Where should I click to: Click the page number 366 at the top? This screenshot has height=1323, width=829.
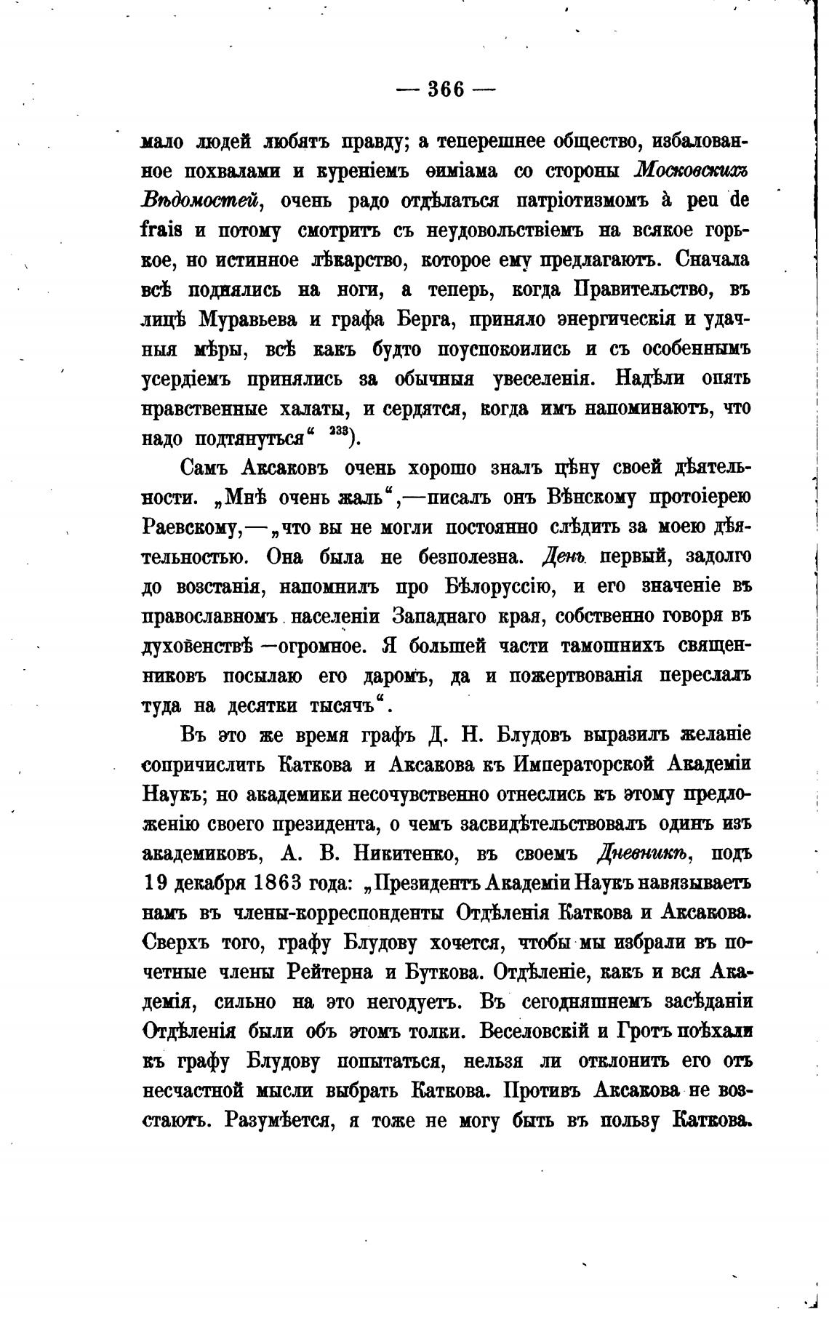(446, 89)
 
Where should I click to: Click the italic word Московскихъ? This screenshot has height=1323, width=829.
(691, 171)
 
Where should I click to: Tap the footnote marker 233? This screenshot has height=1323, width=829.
(339, 433)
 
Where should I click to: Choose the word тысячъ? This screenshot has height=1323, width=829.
(345, 706)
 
